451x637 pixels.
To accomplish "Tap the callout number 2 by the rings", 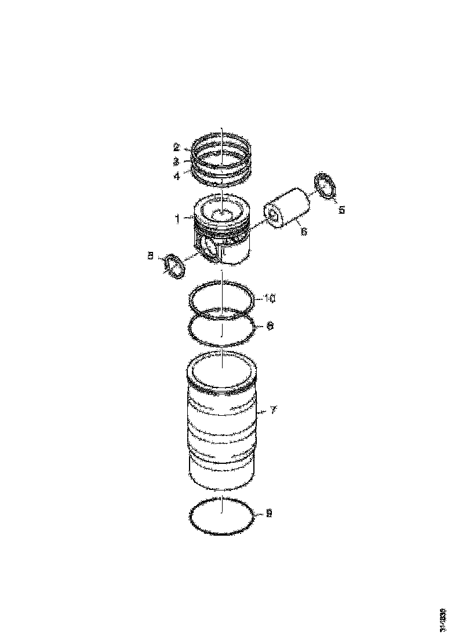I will (x=176, y=148).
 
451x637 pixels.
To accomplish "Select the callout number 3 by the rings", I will (x=176, y=162).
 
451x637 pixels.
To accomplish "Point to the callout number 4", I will (x=176, y=175).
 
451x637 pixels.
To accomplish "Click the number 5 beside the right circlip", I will (x=341, y=210).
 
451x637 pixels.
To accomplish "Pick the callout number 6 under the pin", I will (x=304, y=232).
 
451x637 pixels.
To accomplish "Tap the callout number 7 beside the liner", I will (x=274, y=410).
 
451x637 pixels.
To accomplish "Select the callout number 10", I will (x=270, y=298).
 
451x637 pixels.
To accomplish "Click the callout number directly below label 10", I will (x=269, y=326).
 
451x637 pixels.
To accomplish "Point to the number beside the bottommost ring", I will (x=269, y=513).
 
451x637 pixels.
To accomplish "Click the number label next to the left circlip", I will (x=150, y=255).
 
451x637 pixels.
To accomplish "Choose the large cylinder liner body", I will (x=222, y=429).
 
